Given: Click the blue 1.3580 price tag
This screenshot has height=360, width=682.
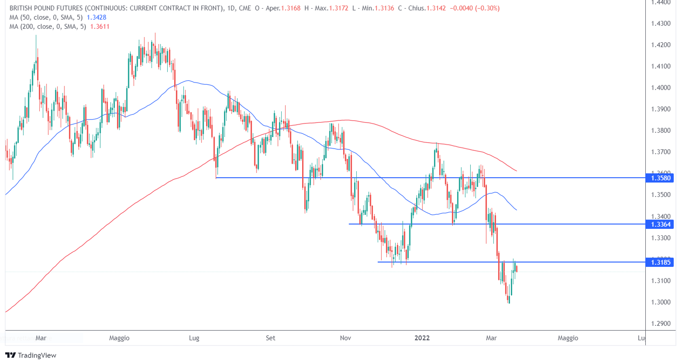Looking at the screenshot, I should tap(660, 178).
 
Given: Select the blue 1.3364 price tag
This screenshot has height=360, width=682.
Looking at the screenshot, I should tap(660, 224).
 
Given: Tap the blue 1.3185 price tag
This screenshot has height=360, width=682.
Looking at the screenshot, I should tap(660, 262).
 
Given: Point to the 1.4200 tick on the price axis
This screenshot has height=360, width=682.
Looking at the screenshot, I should tap(661, 45).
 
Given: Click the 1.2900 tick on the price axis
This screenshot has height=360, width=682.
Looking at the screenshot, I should tap(661, 323).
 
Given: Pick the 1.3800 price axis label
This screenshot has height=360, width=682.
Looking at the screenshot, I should tap(661, 131).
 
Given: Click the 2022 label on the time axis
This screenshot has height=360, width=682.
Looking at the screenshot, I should tap(422, 338).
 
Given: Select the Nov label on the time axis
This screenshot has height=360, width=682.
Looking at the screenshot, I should tap(345, 338).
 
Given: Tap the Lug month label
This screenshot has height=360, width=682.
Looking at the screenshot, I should tap(194, 338).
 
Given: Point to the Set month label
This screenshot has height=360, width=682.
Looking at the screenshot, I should tap(271, 338).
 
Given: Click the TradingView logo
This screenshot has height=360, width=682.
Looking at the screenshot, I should tap(31, 355).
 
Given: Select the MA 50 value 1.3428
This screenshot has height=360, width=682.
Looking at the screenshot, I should tap(96, 18).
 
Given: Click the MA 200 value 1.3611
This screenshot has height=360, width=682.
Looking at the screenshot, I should tap(100, 26).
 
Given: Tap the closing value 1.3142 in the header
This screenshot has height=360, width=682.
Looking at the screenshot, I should tap(436, 8).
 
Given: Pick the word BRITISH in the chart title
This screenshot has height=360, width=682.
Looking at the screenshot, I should tap(21, 8).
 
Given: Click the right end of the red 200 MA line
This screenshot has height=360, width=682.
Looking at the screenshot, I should tap(516, 171).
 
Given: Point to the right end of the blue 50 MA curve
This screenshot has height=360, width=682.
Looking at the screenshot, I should tap(516, 210).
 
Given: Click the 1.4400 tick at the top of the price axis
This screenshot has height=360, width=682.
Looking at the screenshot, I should tap(661, 3).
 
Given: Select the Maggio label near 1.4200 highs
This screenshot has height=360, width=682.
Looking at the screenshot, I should tap(119, 338).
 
